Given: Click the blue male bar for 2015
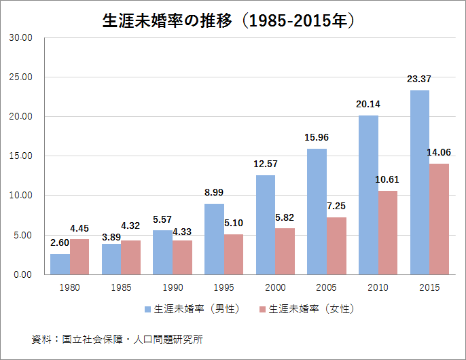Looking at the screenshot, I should point(419,182).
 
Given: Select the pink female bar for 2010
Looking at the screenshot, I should point(388,232).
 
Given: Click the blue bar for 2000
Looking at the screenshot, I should point(266,224).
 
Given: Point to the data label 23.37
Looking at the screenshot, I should point(418,79).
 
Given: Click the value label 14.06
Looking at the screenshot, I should point(439,152).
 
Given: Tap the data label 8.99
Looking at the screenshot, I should point(214,192).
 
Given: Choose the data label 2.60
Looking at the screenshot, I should point(60,243).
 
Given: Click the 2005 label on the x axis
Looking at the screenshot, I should point(327,287).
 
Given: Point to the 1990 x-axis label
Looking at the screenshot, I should point(172,287).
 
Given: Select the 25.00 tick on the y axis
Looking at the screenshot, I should point(21,77).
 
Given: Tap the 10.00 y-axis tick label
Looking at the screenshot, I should point(21,196).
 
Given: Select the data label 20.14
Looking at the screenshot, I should point(368,105).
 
